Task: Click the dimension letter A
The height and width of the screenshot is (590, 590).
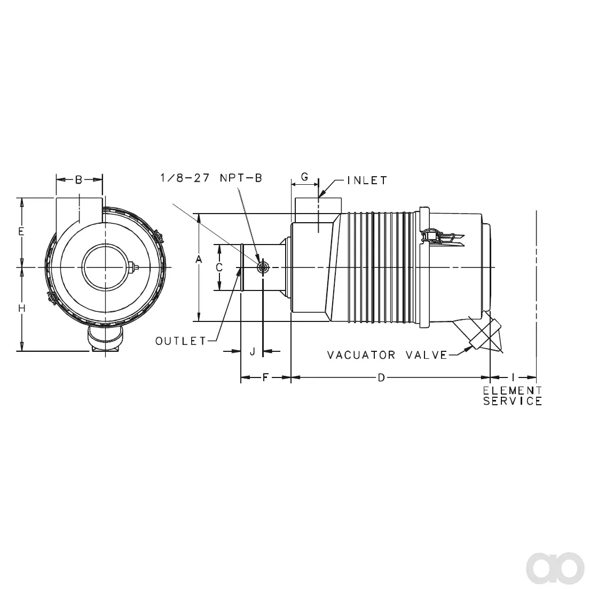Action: point(199,259)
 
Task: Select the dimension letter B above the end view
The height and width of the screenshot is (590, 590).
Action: point(78,180)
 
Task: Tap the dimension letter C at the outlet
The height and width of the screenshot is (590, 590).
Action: point(219,267)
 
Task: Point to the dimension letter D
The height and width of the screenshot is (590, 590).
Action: point(382,377)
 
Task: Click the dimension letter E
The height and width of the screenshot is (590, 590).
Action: point(21,231)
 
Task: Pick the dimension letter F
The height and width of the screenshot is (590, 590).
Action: point(265,377)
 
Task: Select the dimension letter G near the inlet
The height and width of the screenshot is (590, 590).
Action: point(305,177)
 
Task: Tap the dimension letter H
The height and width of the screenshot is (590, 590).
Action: point(22,309)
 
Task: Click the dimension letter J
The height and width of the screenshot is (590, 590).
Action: point(253,351)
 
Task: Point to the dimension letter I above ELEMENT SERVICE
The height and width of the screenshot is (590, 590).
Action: point(513,377)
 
